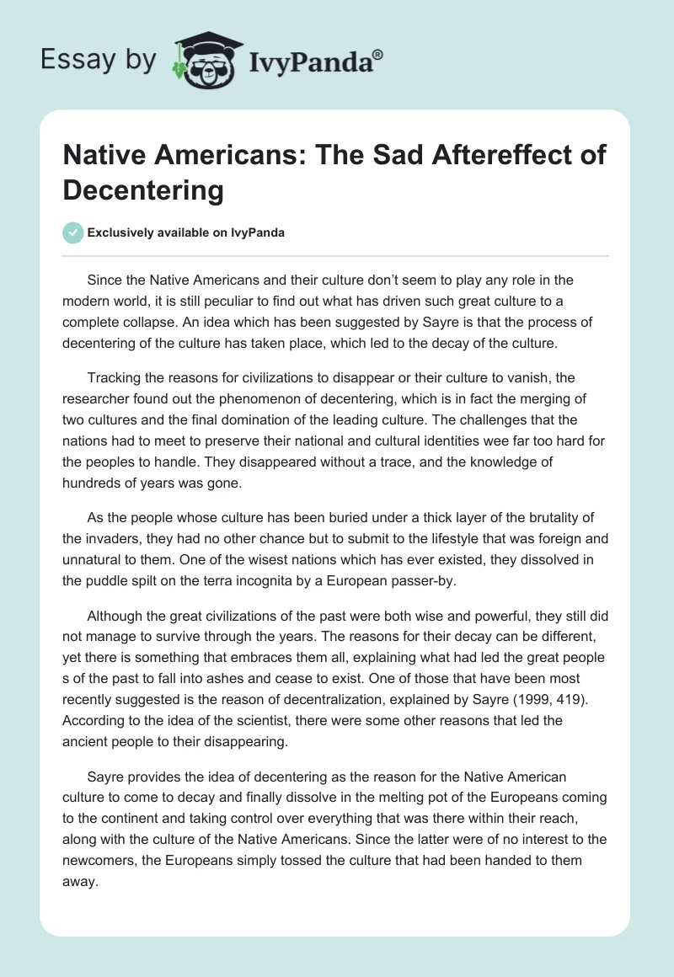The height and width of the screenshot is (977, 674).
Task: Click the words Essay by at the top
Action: (99, 60)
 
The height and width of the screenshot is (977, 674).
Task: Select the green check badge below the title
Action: (74, 232)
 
